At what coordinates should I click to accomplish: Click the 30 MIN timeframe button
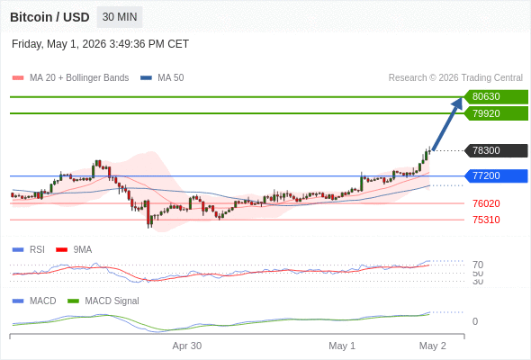120,17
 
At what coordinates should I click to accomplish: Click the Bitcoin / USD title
49,17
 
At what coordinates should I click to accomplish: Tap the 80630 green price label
496,97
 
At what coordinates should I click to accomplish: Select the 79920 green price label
496,113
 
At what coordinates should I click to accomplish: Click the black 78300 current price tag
496,150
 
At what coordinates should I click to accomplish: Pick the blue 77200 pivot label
496,176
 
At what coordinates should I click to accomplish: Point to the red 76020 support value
486,203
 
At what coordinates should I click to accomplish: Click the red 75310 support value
486,220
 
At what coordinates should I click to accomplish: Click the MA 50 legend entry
162,78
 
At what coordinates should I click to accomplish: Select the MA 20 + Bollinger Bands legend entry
70,78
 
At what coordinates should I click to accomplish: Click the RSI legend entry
29,249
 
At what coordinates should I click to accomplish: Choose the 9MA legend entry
74,249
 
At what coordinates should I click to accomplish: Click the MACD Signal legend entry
103,301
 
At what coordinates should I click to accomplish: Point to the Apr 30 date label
187,346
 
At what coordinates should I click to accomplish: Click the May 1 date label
342,346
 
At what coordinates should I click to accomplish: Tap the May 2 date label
433,346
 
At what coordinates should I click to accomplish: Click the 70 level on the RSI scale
478,265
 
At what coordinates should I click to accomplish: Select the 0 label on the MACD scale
475,321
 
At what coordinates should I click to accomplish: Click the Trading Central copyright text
455,78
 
